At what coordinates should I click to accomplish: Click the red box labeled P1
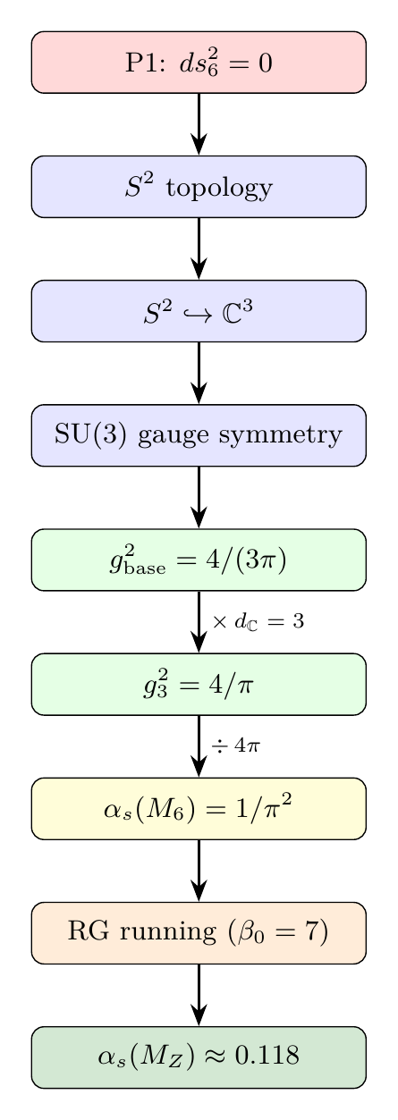[199, 63]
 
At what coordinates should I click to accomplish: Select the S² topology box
[199, 187]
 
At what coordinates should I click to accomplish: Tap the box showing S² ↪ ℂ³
[199, 311]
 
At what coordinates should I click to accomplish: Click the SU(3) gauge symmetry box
[199, 435]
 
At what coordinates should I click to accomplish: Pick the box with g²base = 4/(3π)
[199, 560]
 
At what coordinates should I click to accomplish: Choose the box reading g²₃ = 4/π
[199, 684]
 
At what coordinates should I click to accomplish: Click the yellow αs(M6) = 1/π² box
[199, 808]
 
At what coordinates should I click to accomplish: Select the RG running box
[199, 932]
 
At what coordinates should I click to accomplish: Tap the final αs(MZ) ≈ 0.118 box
[199, 1057]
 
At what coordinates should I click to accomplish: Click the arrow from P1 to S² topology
[199, 124]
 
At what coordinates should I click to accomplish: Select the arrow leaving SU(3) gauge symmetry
[199, 497]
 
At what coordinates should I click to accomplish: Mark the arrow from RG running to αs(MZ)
[199, 994]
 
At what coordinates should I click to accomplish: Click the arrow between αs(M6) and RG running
[199, 870]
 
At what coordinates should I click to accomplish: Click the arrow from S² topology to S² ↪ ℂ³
[199, 248]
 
